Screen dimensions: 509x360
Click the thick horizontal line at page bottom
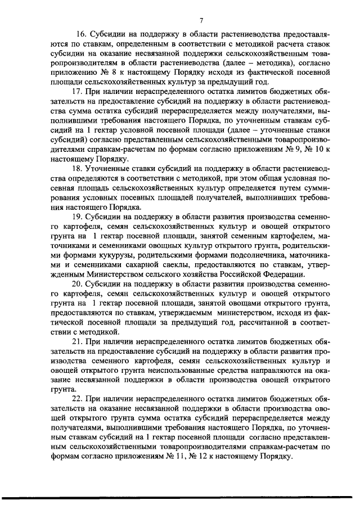pyautogui.click(x=180, y=498)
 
